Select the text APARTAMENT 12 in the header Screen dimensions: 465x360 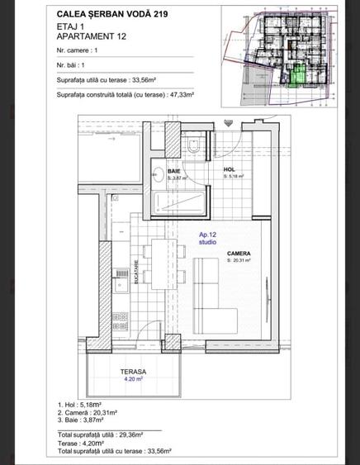click(x=93, y=37)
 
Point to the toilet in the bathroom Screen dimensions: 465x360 click(x=192, y=145)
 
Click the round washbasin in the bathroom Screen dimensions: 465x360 click(x=156, y=174)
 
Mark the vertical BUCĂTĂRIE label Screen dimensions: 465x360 click(x=137, y=273)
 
